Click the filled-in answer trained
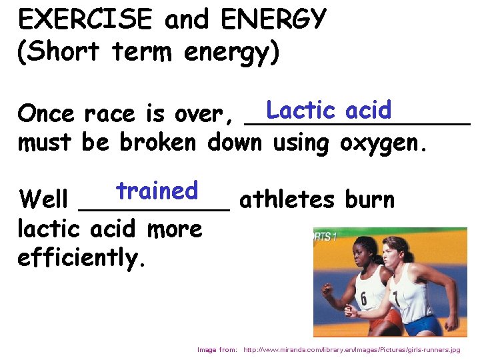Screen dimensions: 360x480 [x=157, y=191]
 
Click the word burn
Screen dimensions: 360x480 [x=369, y=199]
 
